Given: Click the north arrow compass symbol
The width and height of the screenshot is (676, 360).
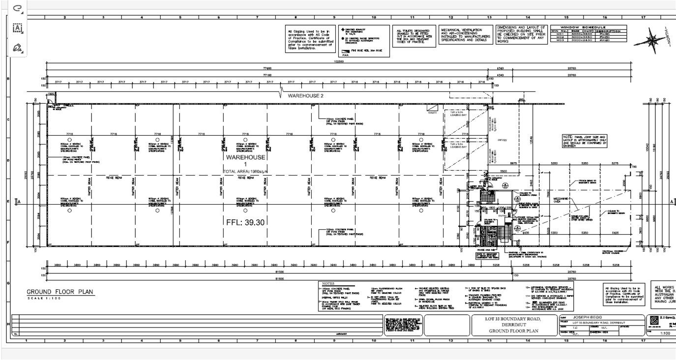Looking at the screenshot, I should click(x=652, y=39).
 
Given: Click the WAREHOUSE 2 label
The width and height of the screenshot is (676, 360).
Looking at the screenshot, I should click(x=305, y=95).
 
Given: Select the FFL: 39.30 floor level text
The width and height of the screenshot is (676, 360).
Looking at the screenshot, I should click(x=245, y=222).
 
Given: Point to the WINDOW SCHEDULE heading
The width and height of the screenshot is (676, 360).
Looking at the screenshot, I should click(x=588, y=28).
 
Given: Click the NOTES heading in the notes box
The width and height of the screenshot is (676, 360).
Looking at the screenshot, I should click(x=328, y=284).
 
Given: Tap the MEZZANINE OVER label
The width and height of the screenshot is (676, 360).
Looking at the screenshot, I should click(x=561, y=200).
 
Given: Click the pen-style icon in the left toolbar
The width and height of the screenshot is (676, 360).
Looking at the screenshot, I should click(x=18, y=48).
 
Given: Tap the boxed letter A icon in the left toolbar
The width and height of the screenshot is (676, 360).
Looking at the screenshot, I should click(x=18, y=28).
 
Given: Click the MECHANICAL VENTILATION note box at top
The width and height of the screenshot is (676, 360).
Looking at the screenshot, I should click(x=465, y=34).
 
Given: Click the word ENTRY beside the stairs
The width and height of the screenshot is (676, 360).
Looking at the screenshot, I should click(x=501, y=215).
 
